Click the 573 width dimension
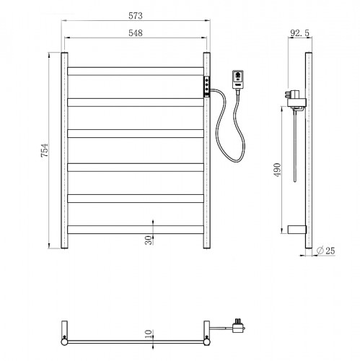point(136,16)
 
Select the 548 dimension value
point(136,32)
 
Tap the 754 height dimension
point(45,150)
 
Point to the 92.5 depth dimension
point(299,32)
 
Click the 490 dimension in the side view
point(277,170)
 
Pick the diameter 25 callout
point(326,251)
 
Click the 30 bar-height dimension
point(149,240)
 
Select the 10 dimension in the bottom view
point(149,334)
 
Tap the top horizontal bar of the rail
point(136,71)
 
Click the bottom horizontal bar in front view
point(136,230)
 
